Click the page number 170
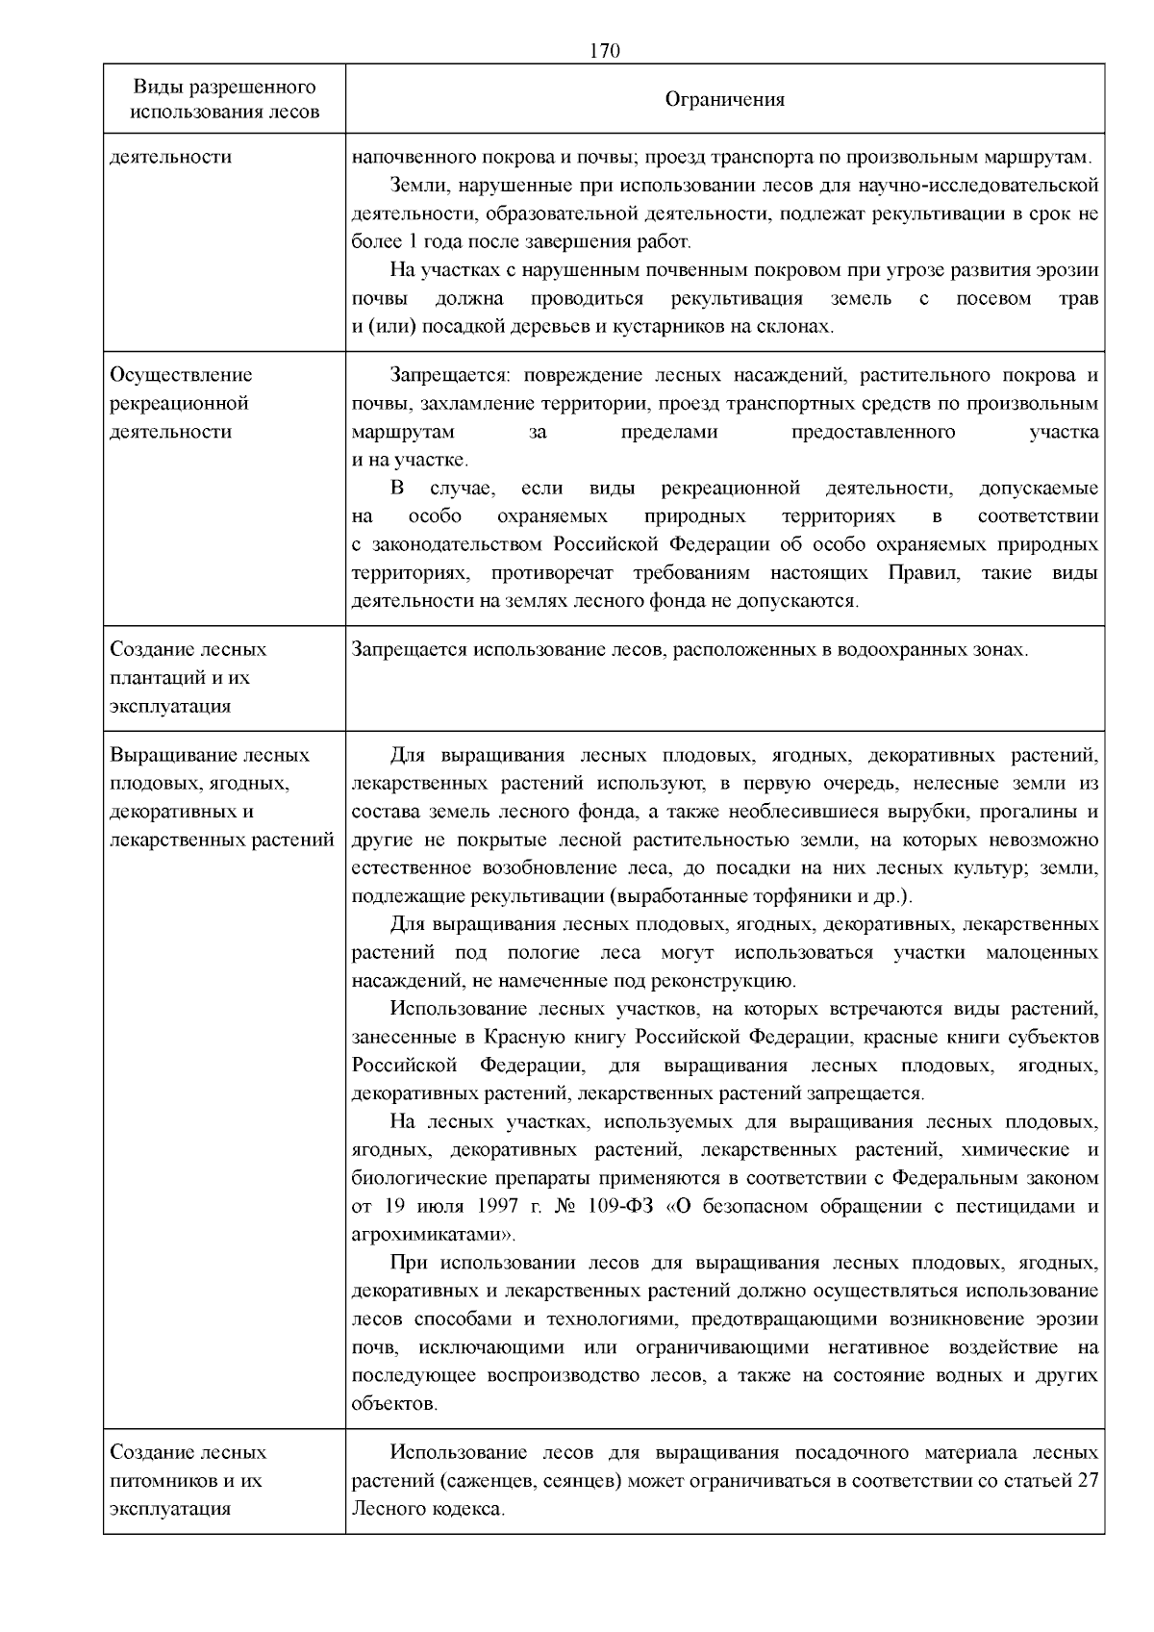[603, 51]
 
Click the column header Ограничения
[725, 100]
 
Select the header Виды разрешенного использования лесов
[224, 100]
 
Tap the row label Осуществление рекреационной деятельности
[181, 403]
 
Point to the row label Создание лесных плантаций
[188, 677]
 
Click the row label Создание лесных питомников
[188, 1480]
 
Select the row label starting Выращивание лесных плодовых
[221, 797]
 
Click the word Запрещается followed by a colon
[444, 375]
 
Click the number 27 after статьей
[1087, 1480]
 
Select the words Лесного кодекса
[427, 1509]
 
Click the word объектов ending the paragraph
[394, 1404]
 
